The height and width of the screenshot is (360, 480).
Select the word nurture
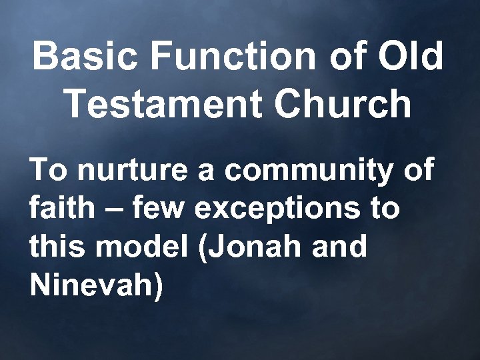pos(133,171)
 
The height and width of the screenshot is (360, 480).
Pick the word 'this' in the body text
pos(55,247)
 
